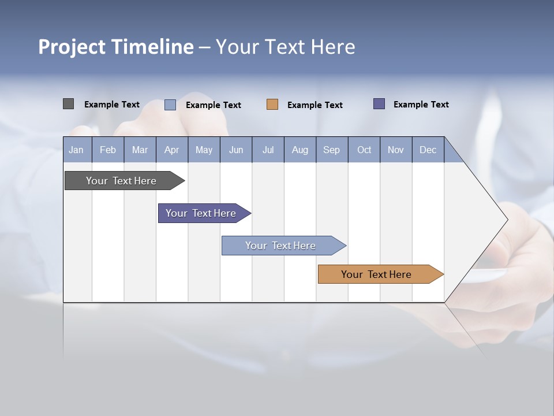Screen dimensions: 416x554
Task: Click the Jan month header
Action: click(77, 150)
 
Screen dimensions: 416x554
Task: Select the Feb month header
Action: click(108, 150)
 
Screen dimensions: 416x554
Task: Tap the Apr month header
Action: click(172, 150)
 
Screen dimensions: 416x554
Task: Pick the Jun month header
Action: click(236, 150)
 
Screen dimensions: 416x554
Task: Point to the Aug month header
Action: click(300, 150)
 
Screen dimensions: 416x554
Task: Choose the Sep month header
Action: click(332, 150)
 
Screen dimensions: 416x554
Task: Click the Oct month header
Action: click(364, 150)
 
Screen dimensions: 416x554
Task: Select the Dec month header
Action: click(428, 150)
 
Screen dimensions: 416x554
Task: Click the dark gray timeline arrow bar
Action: click(122, 181)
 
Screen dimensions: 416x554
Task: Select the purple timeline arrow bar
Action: click(201, 213)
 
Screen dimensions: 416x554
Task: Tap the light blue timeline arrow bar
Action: click(281, 246)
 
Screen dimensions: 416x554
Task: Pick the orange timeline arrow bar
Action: click(377, 274)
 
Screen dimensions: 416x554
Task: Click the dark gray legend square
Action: click(68, 104)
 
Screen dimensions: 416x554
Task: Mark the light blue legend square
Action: click(170, 105)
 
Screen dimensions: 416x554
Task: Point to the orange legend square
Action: click(272, 105)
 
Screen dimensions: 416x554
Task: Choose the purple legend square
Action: click(379, 104)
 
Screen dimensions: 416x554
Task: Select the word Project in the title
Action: click(70, 47)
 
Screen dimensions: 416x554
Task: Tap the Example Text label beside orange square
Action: click(315, 105)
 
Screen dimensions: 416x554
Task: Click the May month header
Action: click(204, 150)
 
